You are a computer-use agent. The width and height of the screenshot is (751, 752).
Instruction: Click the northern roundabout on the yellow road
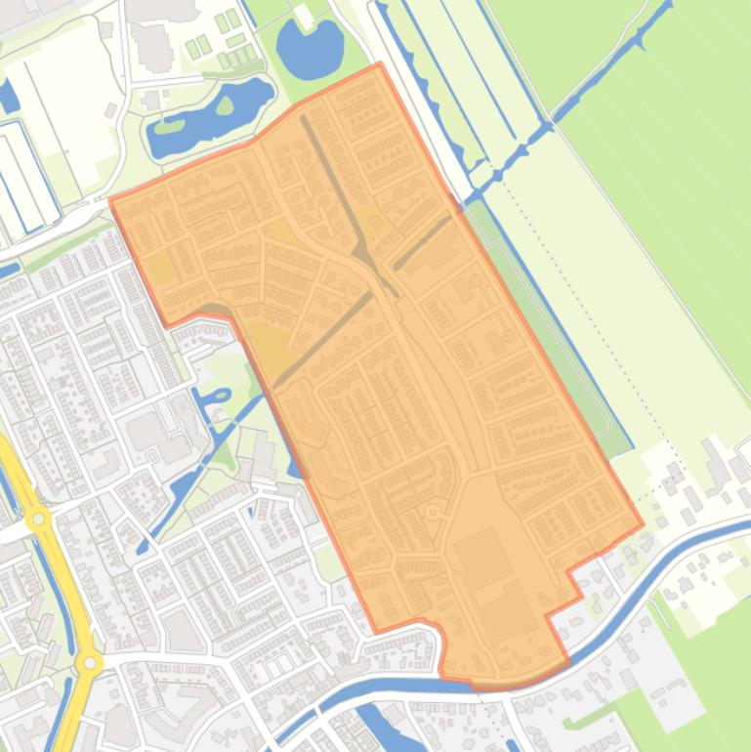(x=39, y=519)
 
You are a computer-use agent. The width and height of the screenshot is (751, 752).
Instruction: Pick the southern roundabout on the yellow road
(x=89, y=663)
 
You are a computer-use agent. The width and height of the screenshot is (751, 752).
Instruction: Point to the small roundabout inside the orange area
(x=433, y=512)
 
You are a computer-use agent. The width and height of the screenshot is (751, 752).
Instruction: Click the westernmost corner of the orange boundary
(x=111, y=202)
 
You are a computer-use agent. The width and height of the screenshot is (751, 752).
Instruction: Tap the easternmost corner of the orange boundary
(x=642, y=524)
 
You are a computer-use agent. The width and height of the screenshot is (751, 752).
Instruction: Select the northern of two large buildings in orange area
(x=483, y=555)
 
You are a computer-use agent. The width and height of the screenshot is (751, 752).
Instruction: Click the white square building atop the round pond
(x=304, y=17)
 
